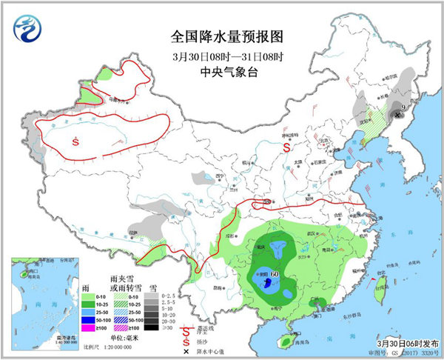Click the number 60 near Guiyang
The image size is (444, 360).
(x=275, y=276)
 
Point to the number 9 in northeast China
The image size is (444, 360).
(x=403, y=108)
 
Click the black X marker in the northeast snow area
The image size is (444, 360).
(x=397, y=115)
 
